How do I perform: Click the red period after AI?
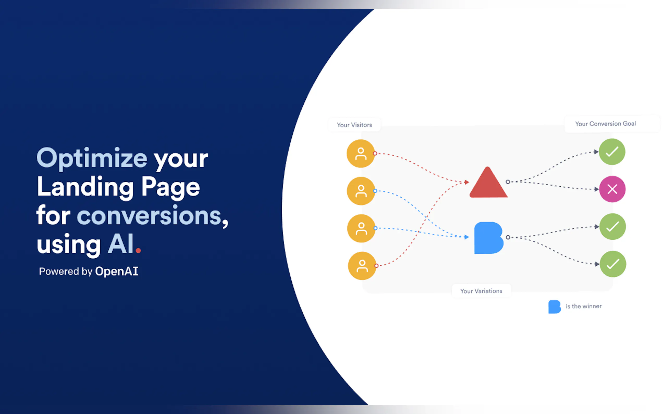(138, 250)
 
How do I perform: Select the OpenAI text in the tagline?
(117, 271)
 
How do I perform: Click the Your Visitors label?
(354, 125)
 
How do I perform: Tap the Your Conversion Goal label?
(605, 124)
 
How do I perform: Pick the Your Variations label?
(481, 291)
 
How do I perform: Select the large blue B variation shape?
(488, 238)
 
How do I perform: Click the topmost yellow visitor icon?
(361, 154)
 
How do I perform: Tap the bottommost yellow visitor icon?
(362, 266)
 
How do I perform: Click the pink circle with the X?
(612, 189)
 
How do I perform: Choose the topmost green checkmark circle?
(612, 152)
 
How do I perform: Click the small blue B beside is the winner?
(554, 307)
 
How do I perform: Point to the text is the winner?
(584, 306)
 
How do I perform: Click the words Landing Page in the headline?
(118, 187)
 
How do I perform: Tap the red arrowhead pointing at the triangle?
(467, 182)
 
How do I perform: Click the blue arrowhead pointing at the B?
(467, 237)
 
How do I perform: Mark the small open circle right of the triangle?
(508, 182)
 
